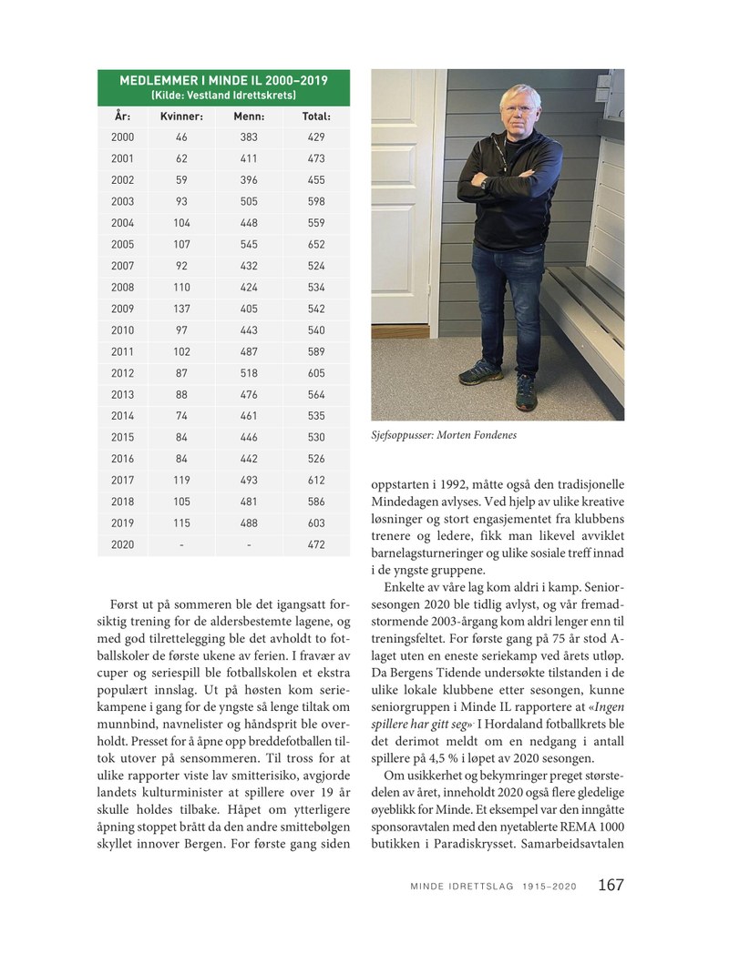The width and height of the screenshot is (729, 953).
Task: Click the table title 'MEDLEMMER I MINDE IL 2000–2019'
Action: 223,80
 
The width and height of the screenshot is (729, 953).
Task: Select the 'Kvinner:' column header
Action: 181,117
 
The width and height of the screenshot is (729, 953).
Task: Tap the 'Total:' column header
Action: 316,117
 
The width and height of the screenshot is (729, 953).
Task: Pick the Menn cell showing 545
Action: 249,243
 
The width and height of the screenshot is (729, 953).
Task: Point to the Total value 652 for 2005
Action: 316,243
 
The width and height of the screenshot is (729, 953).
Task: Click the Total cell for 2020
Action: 316,544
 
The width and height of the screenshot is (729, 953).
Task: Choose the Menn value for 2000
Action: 249,137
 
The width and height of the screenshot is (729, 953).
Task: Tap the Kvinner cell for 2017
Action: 181,481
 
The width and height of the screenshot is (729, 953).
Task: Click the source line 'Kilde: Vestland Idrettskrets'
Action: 223,94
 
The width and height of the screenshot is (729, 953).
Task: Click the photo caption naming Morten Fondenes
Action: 438,436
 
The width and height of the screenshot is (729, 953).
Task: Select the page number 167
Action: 611,885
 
